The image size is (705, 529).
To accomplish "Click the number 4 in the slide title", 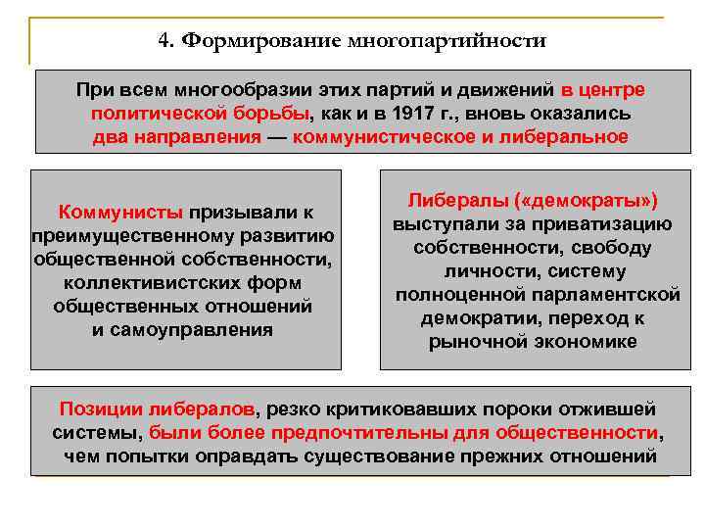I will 163,41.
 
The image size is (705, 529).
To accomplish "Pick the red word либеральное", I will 569,136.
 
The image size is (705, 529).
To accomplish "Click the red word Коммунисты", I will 120,213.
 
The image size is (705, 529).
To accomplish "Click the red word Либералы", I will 460,200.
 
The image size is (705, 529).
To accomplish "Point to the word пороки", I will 459,409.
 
